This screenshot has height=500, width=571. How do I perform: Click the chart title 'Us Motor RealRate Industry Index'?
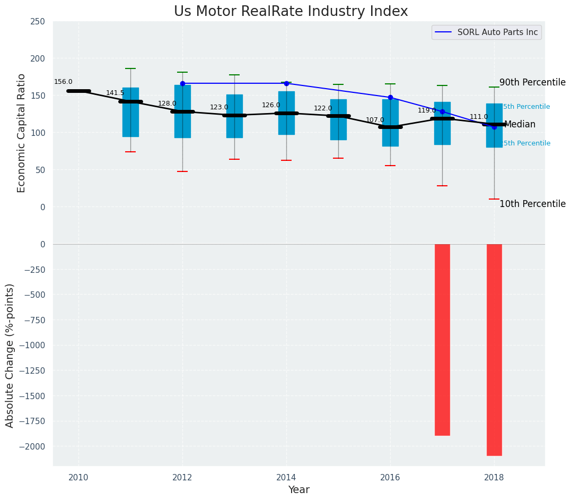(x=291, y=12)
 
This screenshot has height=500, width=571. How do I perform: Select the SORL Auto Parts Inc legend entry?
(x=497, y=32)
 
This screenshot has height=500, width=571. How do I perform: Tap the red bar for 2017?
(x=442, y=340)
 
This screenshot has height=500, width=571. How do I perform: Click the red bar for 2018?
(x=494, y=349)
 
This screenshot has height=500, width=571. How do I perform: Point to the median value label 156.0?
(x=63, y=82)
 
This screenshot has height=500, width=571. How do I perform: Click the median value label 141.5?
(x=115, y=93)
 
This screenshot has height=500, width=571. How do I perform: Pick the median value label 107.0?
(x=375, y=120)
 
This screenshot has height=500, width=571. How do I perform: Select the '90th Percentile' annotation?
(x=532, y=83)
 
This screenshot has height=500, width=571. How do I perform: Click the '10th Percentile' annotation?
(x=532, y=204)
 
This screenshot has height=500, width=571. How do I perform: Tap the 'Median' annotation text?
(x=520, y=125)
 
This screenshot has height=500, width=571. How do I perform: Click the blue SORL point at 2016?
(x=390, y=98)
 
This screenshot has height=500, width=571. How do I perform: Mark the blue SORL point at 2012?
(x=182, y=83)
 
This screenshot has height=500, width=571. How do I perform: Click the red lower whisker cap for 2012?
(x=182, y=171)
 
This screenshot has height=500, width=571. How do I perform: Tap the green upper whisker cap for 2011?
(x=130, y=68)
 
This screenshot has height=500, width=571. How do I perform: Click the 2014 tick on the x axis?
(x=286, y=477)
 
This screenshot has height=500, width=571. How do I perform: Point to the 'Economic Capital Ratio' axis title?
(x=22, y=133)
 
